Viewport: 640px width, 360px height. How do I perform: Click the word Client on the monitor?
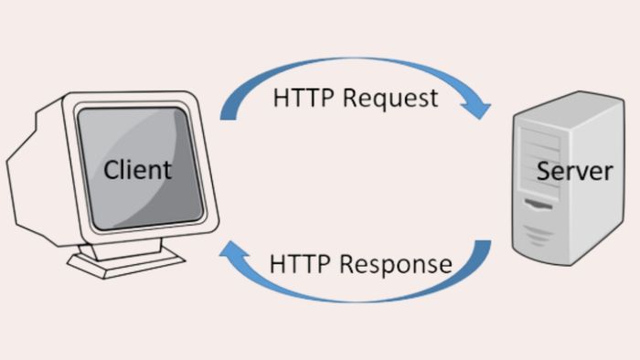click(x=137, y=170)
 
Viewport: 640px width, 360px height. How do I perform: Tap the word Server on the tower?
click(x=574, y=171)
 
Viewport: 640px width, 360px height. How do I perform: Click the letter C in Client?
click(x=111, y=170)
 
